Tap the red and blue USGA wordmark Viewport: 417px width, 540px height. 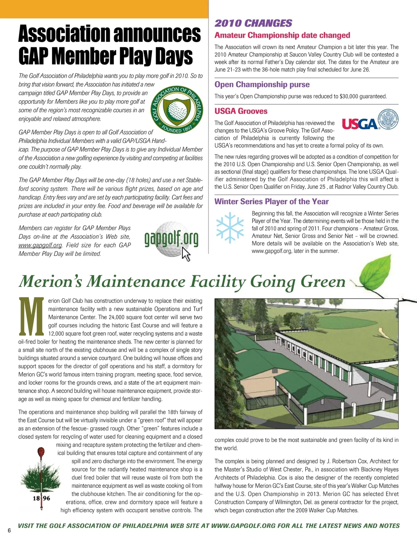(360, 124)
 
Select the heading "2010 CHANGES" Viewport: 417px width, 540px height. (253, 23)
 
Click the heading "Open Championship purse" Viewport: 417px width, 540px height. (262, 84)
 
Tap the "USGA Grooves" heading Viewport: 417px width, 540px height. (241, 111)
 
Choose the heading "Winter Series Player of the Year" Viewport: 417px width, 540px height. (271, 202)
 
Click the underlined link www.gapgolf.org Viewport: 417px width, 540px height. (40, 245)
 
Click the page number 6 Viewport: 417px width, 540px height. (9, 530)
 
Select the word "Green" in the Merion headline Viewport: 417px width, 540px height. (323, 281)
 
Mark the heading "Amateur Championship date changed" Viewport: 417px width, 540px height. (282, 35)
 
